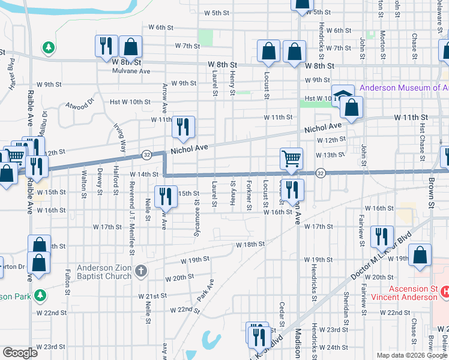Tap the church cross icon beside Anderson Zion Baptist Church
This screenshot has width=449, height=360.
(141, 271)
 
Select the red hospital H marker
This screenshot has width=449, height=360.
(445, 292)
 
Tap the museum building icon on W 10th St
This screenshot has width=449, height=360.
(342, 95)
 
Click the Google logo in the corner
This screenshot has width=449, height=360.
(20, 353)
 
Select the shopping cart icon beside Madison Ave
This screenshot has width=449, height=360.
(291, 159)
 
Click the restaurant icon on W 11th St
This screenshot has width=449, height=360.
(183, 126)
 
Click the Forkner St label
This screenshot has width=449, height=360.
(249, 196)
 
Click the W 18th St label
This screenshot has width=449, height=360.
(250, 245)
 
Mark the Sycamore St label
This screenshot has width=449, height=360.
(196, 214)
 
